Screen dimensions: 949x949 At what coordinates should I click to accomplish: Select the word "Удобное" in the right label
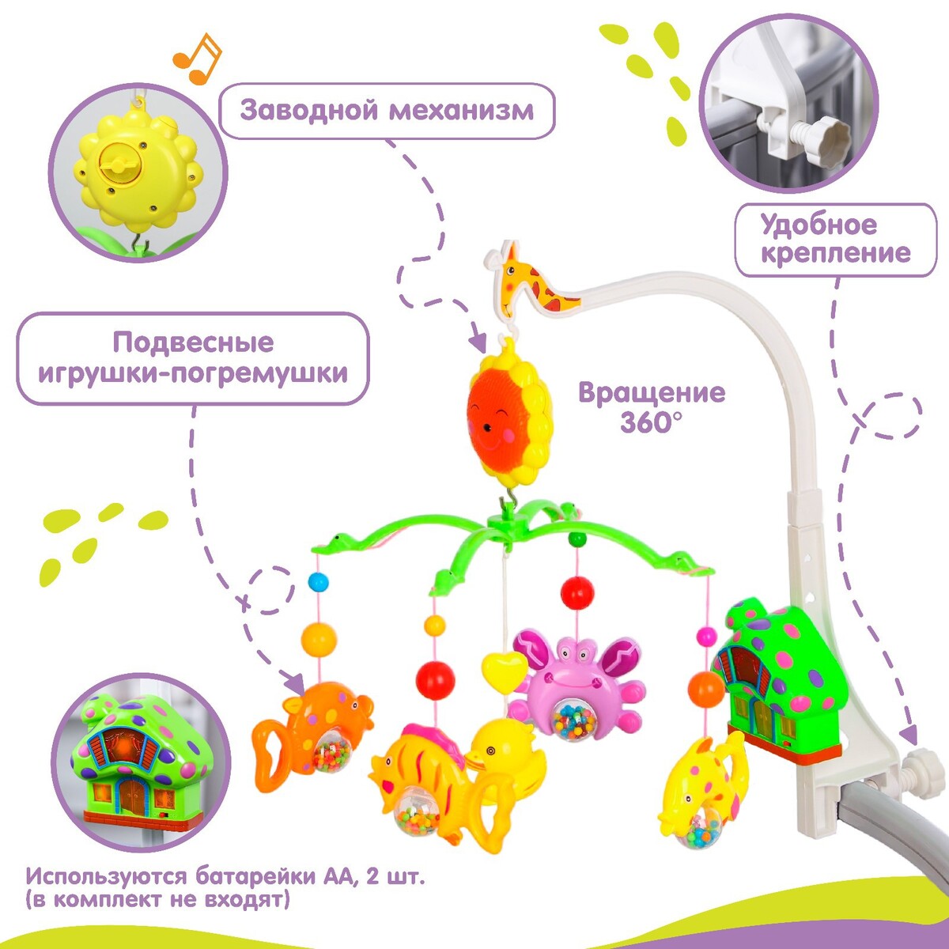pyautogui.click(x=819, y=225)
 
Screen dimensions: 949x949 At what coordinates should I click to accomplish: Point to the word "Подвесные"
pyautogui.click(x=193, y=342)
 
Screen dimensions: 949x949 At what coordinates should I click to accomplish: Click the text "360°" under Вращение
pyautogui.click(x=650, y=422)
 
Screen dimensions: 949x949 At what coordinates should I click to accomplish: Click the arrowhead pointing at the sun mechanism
pyautogui.click(x=478, y=342)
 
